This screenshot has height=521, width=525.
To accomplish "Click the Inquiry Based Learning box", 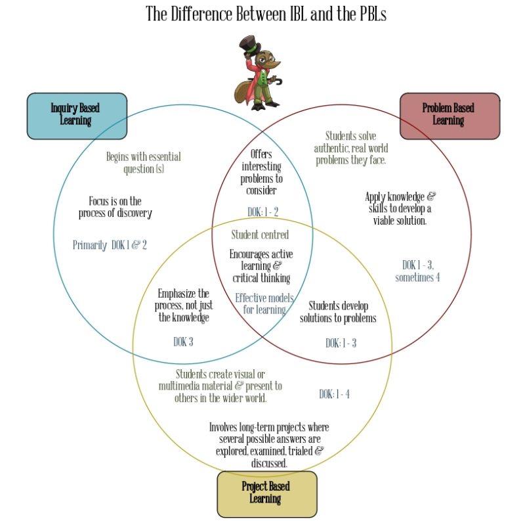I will pyautogui.click(x=77, y=116).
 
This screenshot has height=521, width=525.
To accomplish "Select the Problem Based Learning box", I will pyautogui.click(x=450, y=116).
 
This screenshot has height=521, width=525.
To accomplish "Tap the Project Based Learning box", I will pyautogui.click(x=266, y=493).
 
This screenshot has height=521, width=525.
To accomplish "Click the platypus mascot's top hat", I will pyautogui.click(x=250, y=49).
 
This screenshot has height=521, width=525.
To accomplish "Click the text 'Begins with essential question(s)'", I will pyautogui.click(x=144, y=163).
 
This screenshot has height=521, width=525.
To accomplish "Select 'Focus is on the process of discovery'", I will pyautogui.click(x=115, y=207).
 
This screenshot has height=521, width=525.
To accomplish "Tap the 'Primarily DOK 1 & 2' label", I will pyautogui.click(x=110, y=245).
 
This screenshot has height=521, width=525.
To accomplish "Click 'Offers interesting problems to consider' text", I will pyautogui.click(x=261, y=172).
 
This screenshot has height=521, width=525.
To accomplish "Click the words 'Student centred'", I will pyautogui.click(x=260, y=235).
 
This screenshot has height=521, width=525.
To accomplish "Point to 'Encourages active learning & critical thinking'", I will pyautogui.click(x=261, y=265).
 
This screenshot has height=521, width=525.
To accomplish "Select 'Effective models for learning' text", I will pyautogui.click(x=264, y=304).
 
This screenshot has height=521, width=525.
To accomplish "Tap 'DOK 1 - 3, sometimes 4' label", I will pyautogui.click(x=417, y=271).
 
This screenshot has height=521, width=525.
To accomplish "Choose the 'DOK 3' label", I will pyautogui.click(x=183, y=342).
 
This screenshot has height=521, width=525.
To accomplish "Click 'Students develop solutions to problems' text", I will pyautogui.click(x=338, y=312).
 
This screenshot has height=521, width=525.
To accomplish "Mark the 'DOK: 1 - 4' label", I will pyautogui.click(x=334, y=394).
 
